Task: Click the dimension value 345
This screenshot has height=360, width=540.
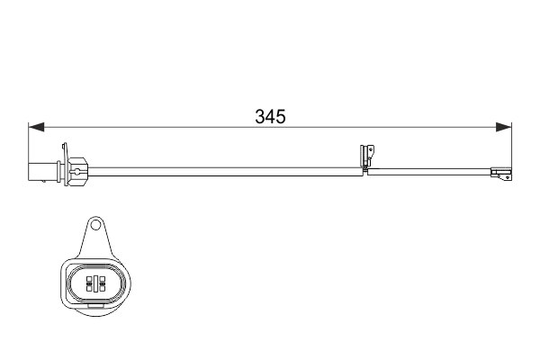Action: tap(270, 116)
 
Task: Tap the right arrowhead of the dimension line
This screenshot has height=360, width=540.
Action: tap(505, 128)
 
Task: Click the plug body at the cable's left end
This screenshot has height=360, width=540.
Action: tap(42, 168)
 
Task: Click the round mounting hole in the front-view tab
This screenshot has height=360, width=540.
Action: tap(95, 226)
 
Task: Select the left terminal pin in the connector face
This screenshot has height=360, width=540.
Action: tap(89, 284)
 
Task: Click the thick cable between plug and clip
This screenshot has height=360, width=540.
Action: tap(225, 167)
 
